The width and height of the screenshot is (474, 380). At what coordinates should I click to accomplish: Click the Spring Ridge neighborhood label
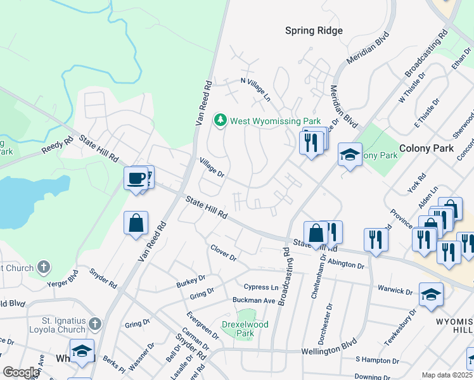click(x=314, y=30)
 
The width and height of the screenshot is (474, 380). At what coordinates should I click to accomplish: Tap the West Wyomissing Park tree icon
click(x=221, y=120)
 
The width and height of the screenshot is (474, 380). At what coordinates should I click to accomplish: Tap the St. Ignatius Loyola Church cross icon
click(x=94, y=325)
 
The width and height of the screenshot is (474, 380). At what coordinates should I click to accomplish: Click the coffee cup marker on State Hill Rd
click(x=136, y=179)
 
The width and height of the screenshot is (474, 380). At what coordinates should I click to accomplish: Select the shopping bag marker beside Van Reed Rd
click(x=136, y=223)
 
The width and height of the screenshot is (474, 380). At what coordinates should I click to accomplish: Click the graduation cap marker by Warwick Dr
click(x=431, y=294)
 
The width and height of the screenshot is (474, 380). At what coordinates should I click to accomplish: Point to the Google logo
click(x=21, y=372)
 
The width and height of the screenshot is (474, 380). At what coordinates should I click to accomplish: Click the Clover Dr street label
click(x=223, y=255)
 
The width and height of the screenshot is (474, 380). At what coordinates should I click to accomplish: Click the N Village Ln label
click(x=255, y=89)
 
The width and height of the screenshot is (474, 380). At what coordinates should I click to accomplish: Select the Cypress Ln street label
click(x=265, y=287)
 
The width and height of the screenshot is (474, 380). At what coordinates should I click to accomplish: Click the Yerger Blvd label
click(x=63, y=279)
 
